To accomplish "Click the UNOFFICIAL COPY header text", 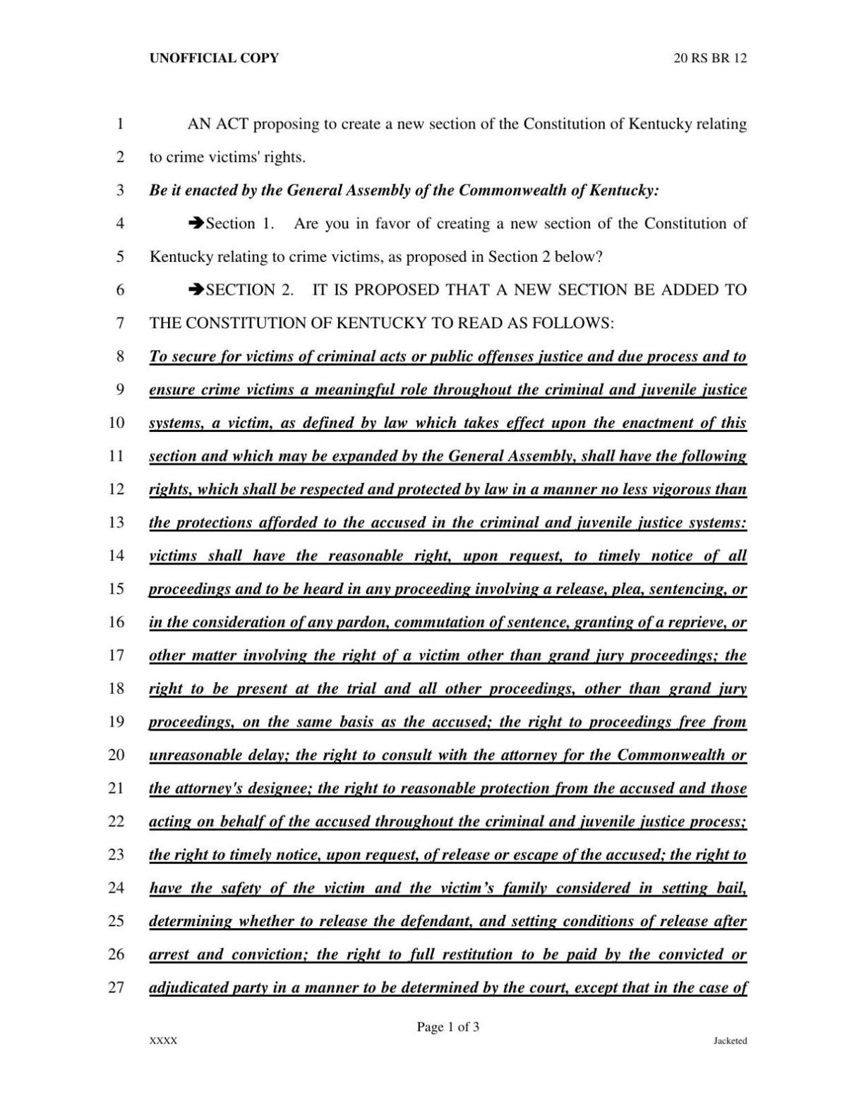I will coord(214,58).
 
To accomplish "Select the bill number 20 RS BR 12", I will coord(710,58).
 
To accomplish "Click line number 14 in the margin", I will coord(116,556).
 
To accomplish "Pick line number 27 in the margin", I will coord(116,988).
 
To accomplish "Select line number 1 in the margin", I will coord(120,124).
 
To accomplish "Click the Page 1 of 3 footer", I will coord(447,1026).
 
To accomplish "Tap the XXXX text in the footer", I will coord(163,1041).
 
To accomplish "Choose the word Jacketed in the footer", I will coord(730,1041).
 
